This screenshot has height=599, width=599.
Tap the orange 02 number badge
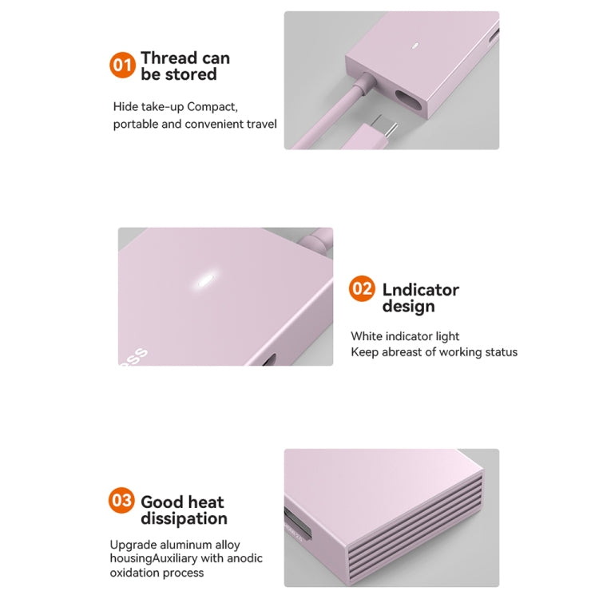[x=362, y=288]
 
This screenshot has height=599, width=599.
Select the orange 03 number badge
[x=121, y=501]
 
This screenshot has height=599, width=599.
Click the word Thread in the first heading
[x=168, y=58]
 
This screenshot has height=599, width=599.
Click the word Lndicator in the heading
[x=420, y=289]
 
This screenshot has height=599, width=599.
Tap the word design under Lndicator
[x=408, y=307]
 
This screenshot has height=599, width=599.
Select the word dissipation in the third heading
[x=184, y=519]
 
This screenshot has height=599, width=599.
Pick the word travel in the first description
[x=260, y=124]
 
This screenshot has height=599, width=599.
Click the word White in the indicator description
[x=367, y=336]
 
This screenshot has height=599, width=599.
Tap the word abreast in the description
[x=403, y=352]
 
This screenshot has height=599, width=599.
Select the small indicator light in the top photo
[x=415, y=45]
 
